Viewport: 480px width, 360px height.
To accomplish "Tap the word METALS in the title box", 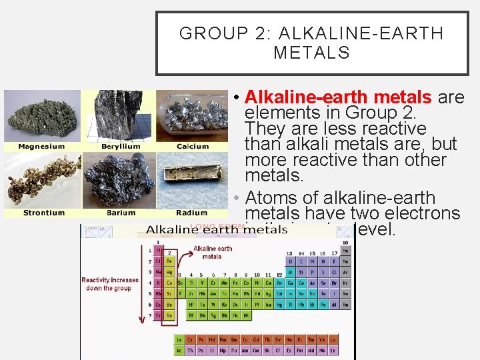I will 311,53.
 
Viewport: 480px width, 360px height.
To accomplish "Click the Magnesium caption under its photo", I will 41,147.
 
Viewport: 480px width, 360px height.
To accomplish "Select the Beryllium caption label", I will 121,147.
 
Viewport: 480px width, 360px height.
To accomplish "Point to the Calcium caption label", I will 193,147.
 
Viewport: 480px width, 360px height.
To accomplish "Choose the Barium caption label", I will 121,213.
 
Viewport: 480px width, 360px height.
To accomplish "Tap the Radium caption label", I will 192,213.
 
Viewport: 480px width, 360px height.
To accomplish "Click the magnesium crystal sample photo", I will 41,117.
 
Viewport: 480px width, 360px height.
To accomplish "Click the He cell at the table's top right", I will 345,250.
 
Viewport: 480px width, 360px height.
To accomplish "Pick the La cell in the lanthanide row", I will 180,339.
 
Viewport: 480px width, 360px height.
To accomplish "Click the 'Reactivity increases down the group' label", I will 110,284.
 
